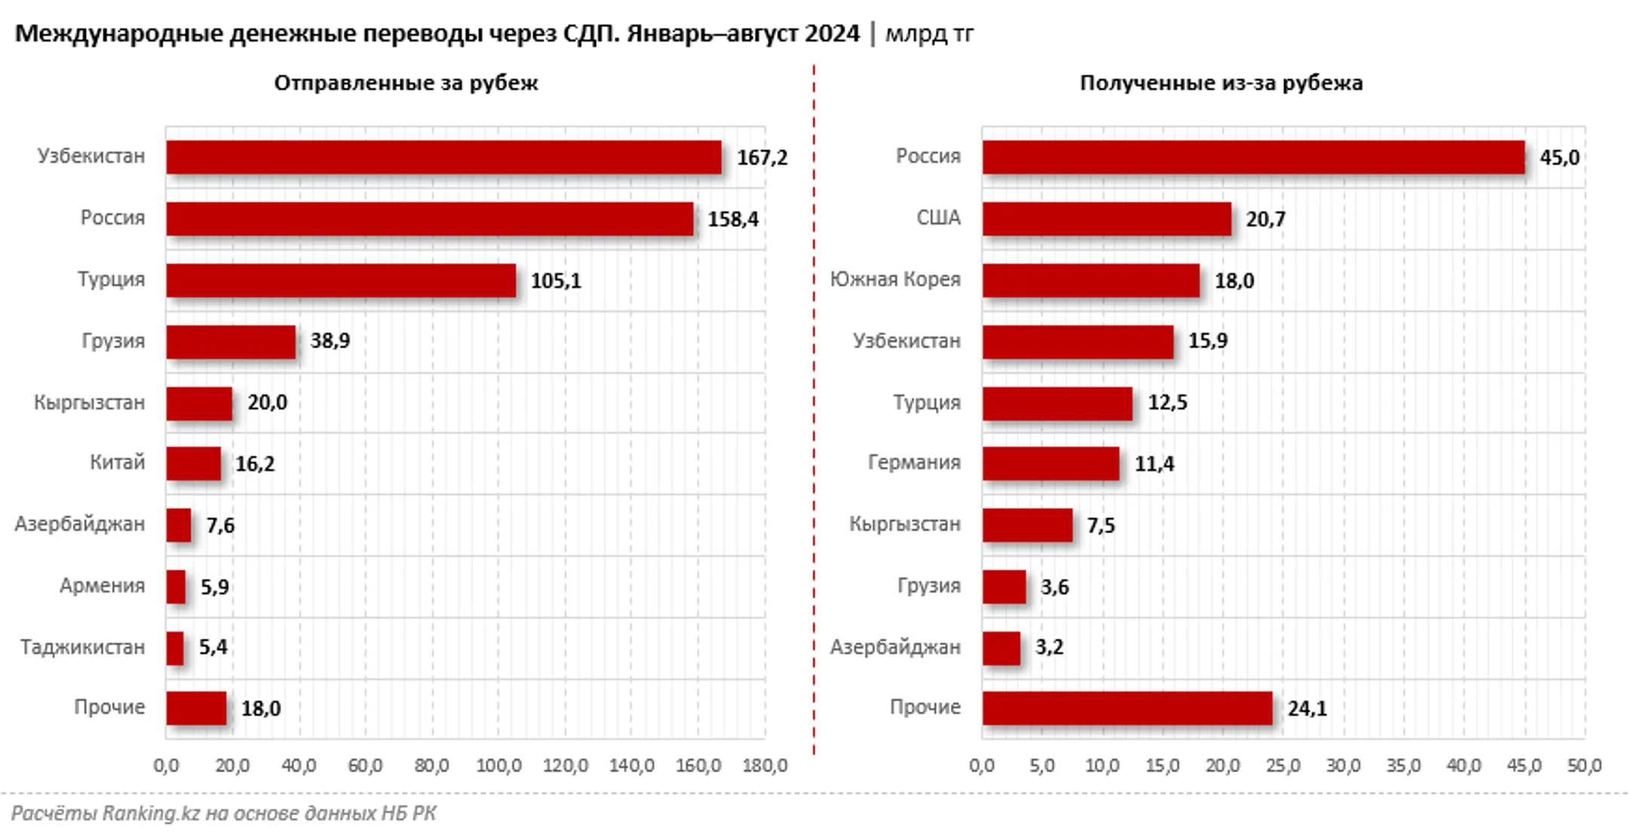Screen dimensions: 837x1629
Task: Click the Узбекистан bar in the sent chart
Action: coord(443,157)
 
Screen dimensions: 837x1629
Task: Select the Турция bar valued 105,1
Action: coord(341,281)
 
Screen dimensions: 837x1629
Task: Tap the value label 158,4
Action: coord(732,219)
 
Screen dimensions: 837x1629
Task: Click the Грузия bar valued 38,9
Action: coord(231,342)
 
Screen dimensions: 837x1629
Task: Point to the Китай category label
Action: coord(117,462)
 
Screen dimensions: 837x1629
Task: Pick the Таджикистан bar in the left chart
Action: coord(175,648)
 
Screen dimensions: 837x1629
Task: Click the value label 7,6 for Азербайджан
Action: coord(219,525)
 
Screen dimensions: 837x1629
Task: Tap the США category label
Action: coord(938,219)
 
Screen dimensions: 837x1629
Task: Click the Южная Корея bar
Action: coord(1091,281)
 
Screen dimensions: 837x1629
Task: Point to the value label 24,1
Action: coord(1306,709)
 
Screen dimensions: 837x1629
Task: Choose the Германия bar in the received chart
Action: coord(1051,463)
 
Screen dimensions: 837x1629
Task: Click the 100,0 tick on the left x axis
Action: coord(499,766)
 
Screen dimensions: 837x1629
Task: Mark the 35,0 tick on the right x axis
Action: coord(1404,766)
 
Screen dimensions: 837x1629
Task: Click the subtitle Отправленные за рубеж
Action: coord(406,83)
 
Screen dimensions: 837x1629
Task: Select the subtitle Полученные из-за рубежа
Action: coord(1220,83)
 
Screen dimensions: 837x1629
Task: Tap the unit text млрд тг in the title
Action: coord(929,34)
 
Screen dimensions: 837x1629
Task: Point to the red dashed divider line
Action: coord(814,407)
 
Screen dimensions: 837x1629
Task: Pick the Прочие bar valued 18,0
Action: coord(196,709)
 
